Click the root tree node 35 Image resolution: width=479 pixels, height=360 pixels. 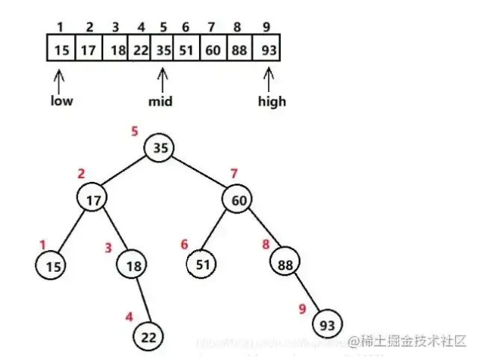(160, 147)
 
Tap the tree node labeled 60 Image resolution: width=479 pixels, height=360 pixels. (239, 199)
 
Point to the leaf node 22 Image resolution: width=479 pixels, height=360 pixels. (149, 337)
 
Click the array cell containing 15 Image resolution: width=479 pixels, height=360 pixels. (61, 52)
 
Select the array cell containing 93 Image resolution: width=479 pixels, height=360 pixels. (266, 52)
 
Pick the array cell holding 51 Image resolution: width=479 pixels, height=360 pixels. (186, 52)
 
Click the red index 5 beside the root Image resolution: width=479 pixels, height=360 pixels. (135, 132)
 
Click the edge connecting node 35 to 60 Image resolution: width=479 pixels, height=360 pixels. (201, 173)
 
